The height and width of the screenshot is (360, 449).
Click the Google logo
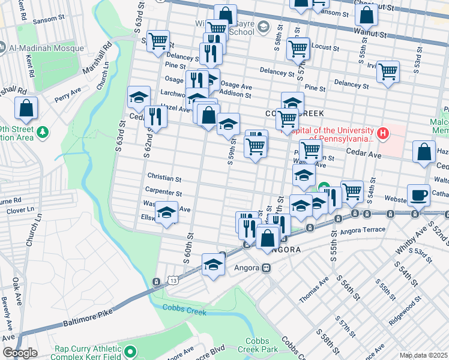[20, 353]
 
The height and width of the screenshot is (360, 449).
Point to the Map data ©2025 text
[423, 355]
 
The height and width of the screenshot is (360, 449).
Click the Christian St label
[164, 179]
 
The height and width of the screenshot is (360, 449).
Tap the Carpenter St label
[163, 193]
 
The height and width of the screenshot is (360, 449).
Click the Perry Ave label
[67, 95]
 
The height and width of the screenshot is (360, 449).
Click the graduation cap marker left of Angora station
[212, 264]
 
